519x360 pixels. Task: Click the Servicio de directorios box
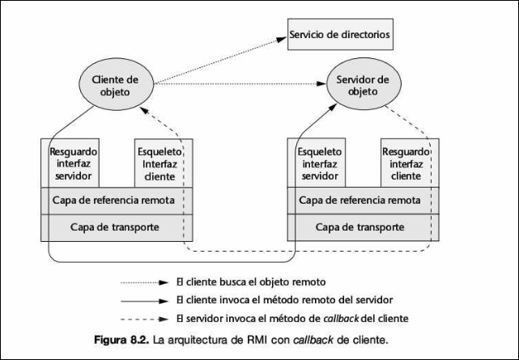340,36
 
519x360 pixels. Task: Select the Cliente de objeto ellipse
116,85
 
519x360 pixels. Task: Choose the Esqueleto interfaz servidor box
319,163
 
